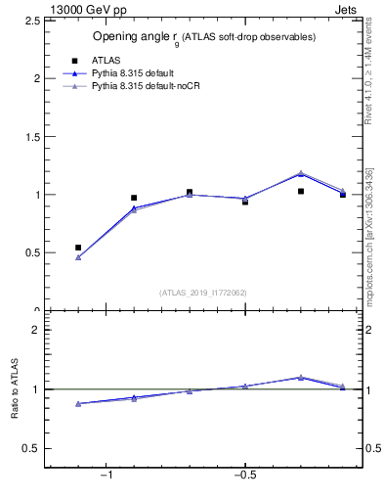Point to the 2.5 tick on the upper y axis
pyautogui.click(x=32, y=20)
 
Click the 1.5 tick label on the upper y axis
pyautogui.click(x=32, y=136)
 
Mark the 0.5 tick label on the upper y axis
pyautogui.click(x=32, y=252)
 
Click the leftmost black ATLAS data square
pyautogui.click(x=78, y=248)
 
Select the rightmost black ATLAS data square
pyautogui.click(x=343, y=195)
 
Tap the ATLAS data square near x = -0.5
pyautogui.click(x=245, y=202)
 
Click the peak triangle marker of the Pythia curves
pyautogui.click(x=301, y=173)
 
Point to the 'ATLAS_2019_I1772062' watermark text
pyautogui.click(x=203, y=293)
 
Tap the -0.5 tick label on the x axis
pyautogui.click(x=244, y=477)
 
